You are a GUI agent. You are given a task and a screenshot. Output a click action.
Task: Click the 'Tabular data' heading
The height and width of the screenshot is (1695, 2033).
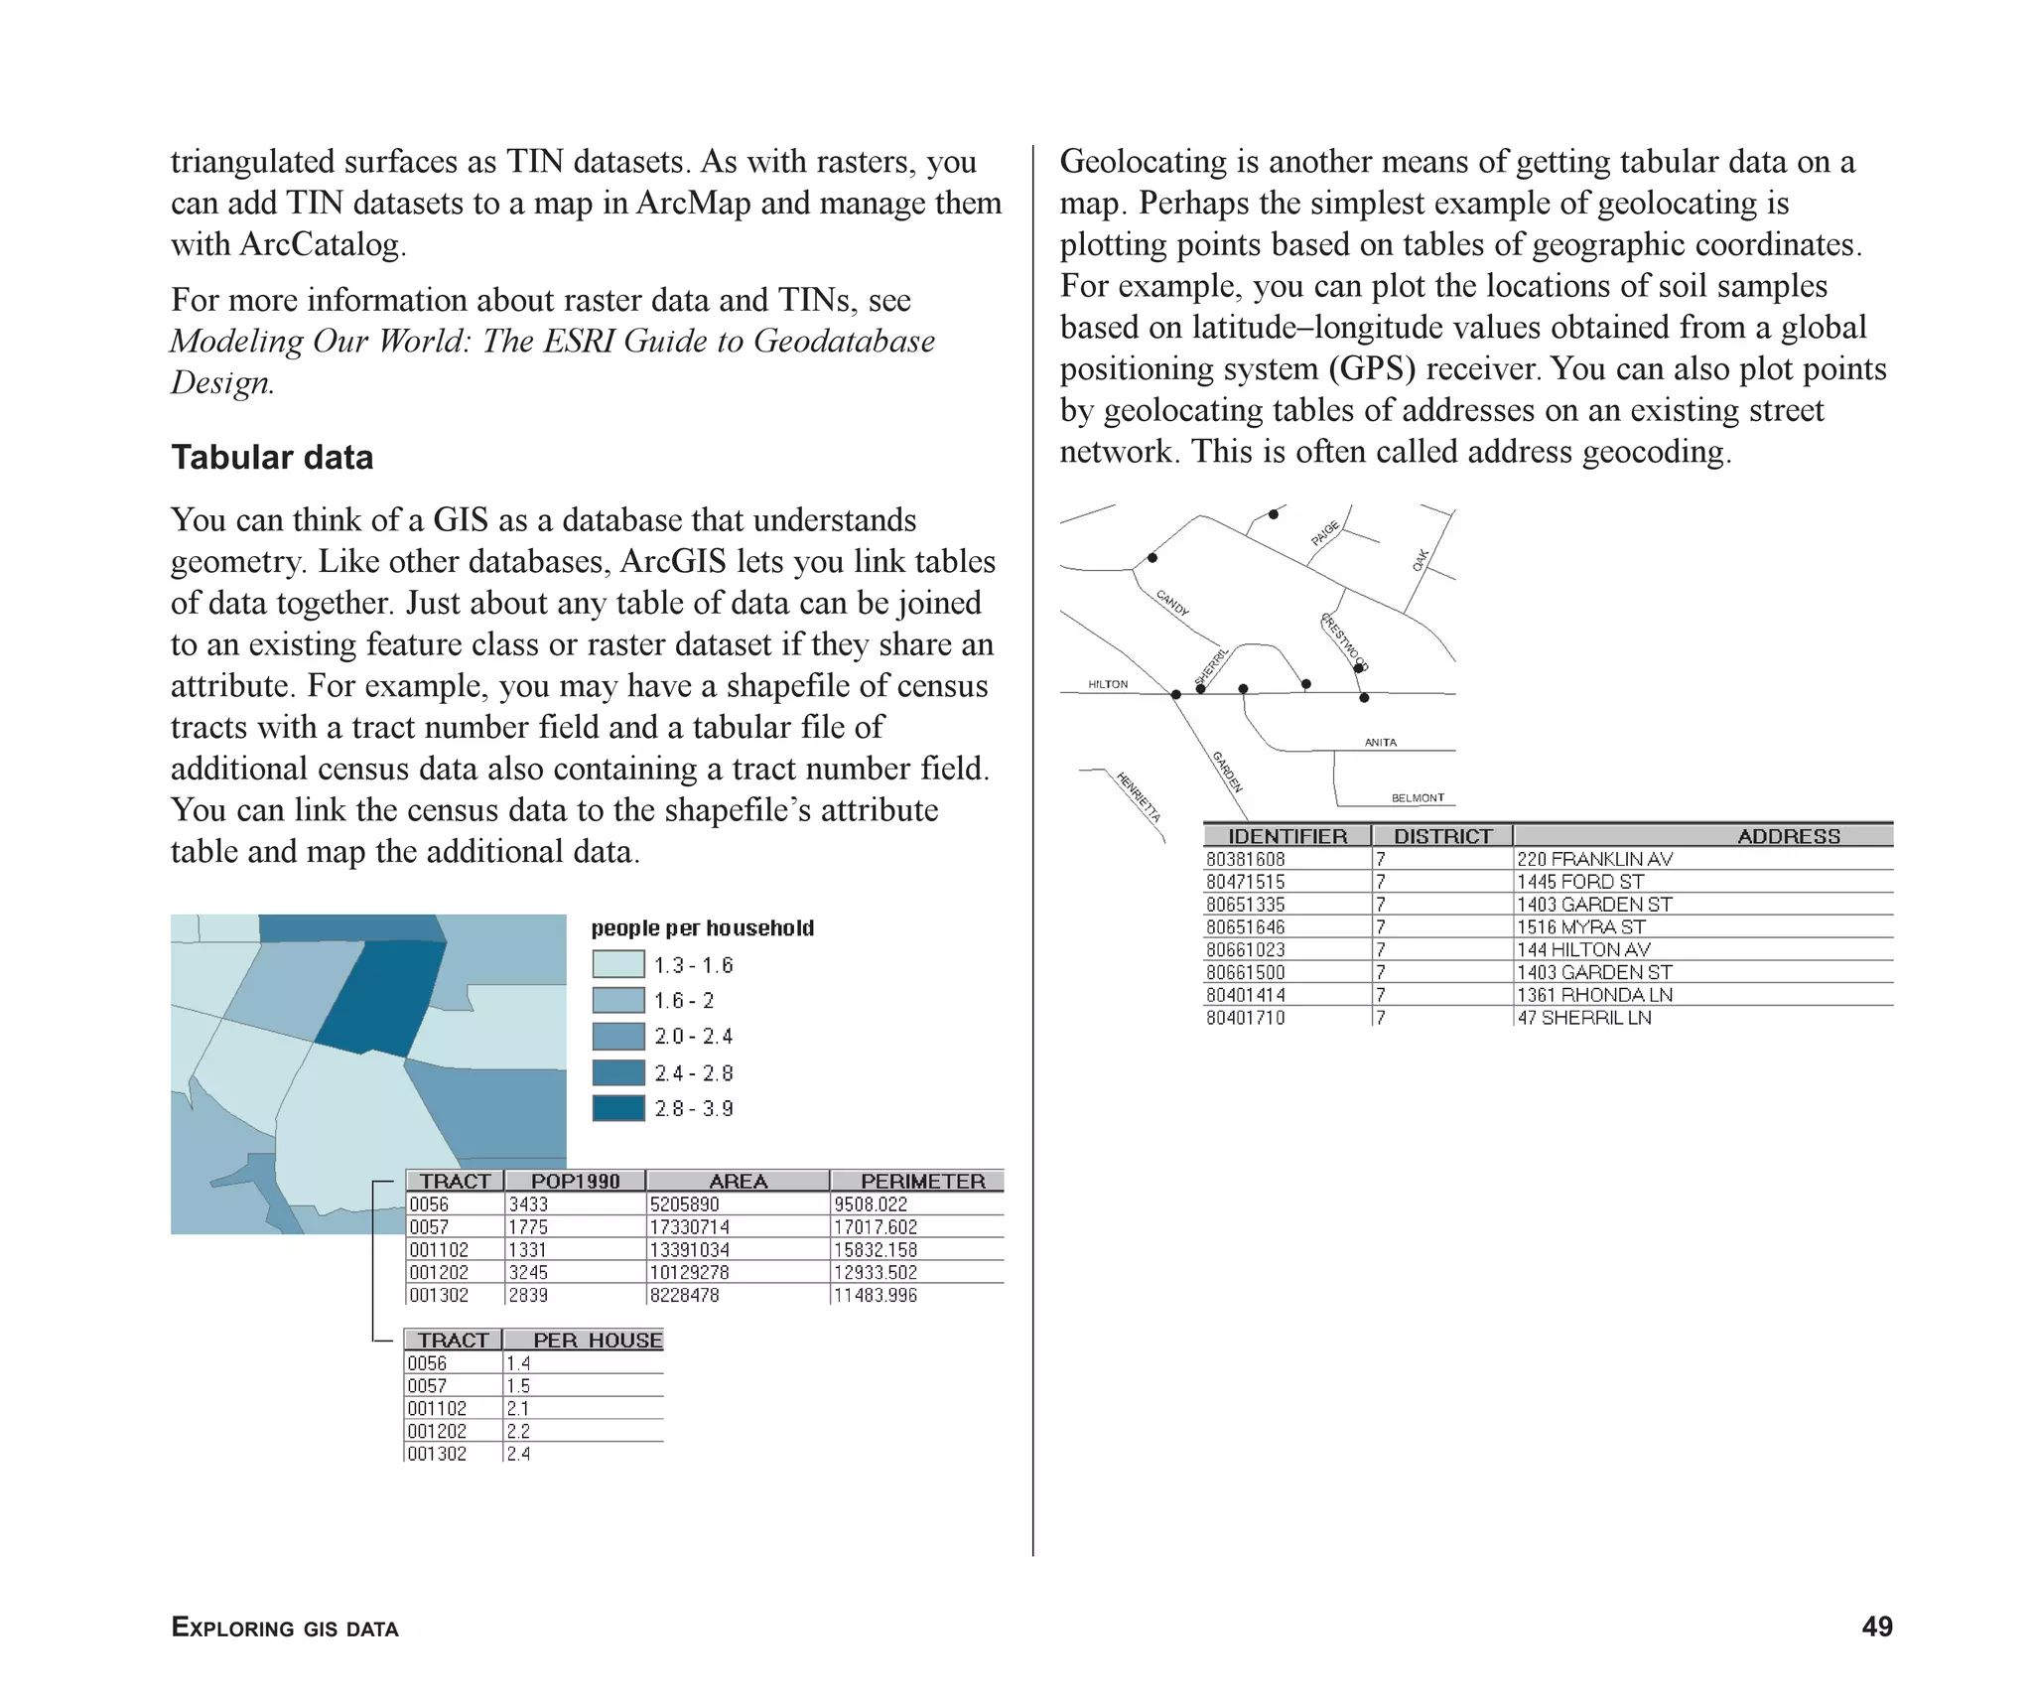coord(272,458)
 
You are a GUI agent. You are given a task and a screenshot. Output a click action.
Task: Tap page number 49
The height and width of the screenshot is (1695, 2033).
coord(1876,1626)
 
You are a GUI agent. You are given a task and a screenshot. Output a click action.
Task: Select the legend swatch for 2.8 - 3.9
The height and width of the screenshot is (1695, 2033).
coord(617,1108)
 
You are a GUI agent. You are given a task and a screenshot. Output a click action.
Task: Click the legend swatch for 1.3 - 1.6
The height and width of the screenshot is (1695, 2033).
coord(617,964)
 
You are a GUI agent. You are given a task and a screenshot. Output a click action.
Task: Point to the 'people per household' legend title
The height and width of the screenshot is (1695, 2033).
coord(702,928)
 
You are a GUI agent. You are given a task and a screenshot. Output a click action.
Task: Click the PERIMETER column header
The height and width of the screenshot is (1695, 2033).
coord(921,1181)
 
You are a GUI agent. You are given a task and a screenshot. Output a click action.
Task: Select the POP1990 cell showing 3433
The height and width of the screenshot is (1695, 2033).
coord(528,1204)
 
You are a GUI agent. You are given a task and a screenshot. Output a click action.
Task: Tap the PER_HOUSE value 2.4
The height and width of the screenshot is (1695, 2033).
coord(518,1454)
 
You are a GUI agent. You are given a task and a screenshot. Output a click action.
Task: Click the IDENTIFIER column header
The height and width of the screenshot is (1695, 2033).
coord(1287,836)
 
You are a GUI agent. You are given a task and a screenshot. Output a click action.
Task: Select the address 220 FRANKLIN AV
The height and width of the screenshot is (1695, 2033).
coord(1593,859)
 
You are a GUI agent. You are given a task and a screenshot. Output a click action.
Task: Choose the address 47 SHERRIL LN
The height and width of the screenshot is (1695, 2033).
coord(1583,1018)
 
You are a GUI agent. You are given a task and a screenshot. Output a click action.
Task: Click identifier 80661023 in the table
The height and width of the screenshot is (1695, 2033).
coord(1245,949)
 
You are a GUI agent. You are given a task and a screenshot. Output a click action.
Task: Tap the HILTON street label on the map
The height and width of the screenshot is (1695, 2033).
coord(1108,684)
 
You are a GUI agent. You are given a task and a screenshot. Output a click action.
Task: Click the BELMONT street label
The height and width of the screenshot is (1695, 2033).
coord(1418,797)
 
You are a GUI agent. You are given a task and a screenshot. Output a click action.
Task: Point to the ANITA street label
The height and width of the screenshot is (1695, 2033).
coord(1380,743)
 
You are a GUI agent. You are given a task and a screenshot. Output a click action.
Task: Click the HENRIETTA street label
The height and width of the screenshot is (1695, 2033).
coord(1138,797)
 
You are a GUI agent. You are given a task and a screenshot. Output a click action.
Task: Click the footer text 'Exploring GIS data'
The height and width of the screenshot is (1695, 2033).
coord(285,1627)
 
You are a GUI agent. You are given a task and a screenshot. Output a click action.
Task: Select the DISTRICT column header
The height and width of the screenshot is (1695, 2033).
coord(1442,836)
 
